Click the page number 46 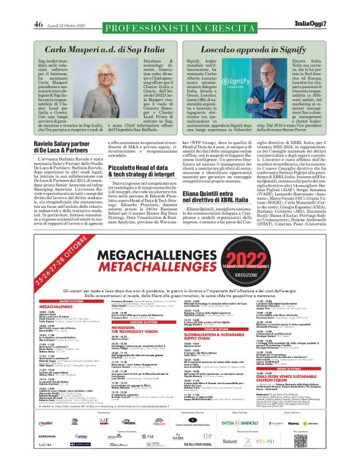tap(38, 7)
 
